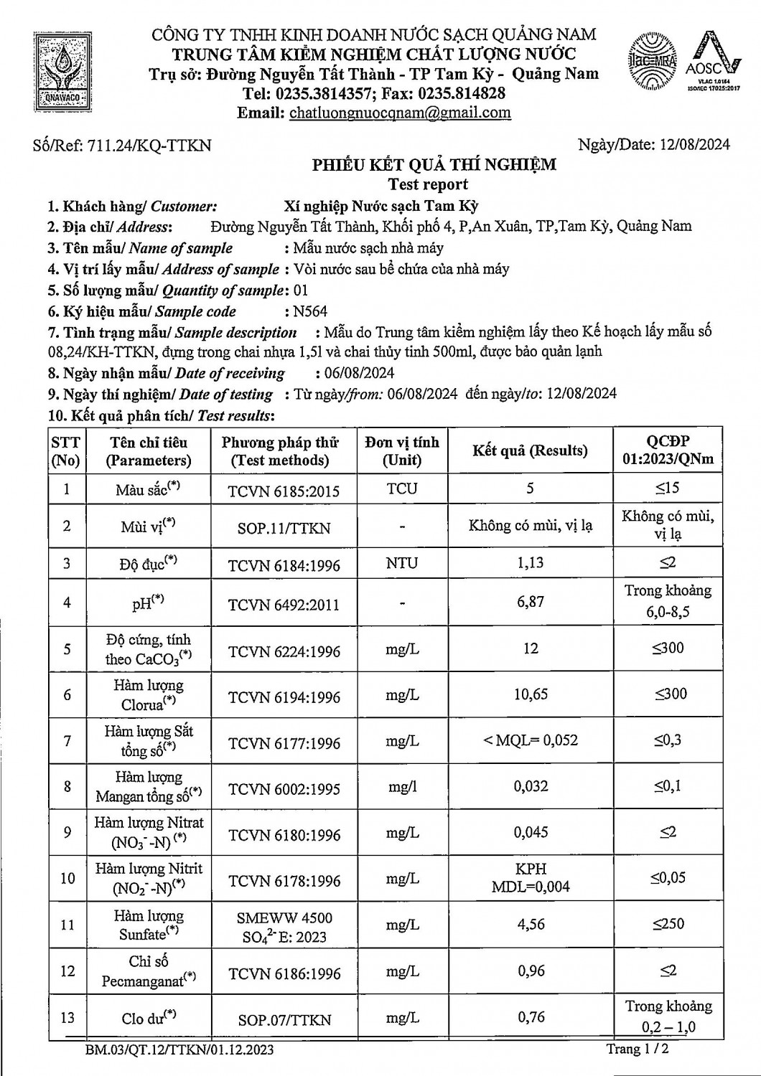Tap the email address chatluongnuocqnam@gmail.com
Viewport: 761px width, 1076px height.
point(400,113)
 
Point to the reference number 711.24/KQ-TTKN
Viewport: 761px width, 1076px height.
point(149,146)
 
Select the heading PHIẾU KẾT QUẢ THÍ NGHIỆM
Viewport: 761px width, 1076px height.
point(434,165)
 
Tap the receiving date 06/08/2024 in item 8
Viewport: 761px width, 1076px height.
point(355,373)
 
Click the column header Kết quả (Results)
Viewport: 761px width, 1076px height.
point(530,450)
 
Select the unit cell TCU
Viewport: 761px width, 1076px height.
point(401,489)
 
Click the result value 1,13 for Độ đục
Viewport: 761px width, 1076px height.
point(531,563)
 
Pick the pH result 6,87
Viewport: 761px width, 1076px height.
point(531,602)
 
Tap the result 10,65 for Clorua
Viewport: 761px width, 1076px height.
point(531,694)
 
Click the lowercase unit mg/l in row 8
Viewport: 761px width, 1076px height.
point(402,786)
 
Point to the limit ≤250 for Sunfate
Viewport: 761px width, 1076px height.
point(668,924)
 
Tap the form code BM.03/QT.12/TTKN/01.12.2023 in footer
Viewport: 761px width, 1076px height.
point(179,1051)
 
